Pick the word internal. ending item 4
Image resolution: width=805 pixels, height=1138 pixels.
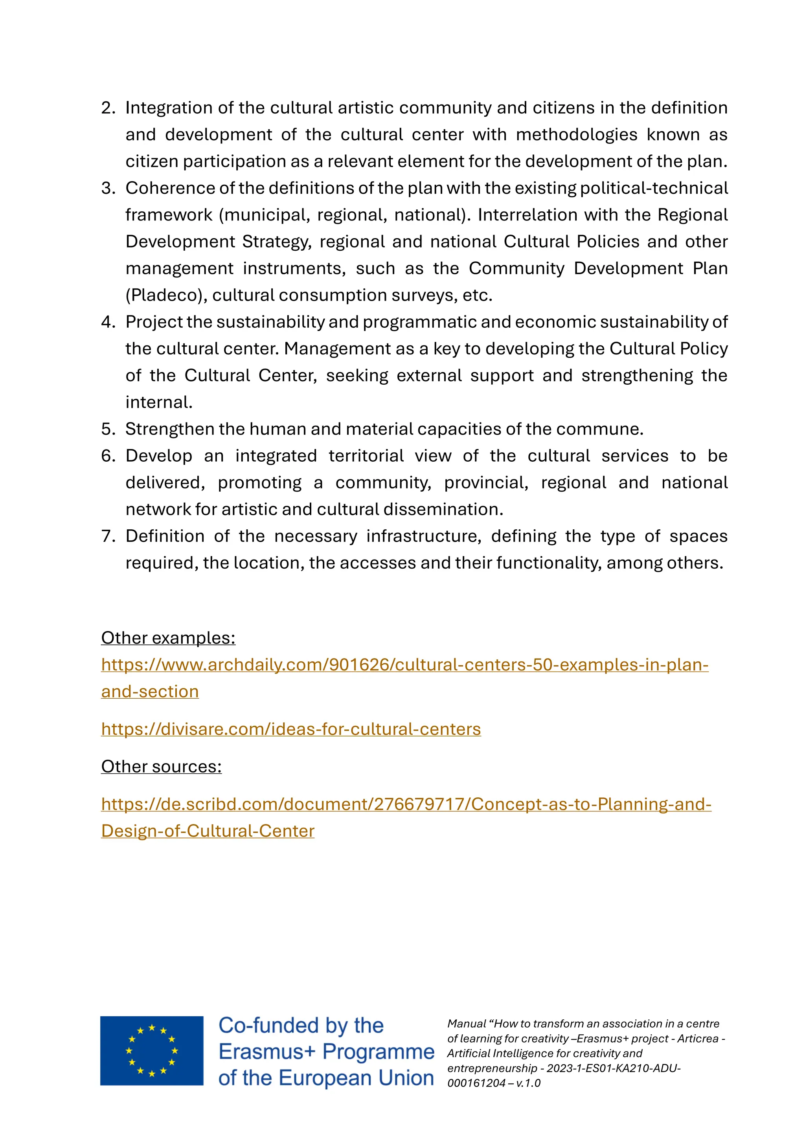(159, 402)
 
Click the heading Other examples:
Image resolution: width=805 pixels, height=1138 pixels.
(168, 638)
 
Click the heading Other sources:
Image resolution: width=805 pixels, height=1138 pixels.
(161, 767)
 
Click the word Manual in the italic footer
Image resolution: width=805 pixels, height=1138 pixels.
(466, 1024)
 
